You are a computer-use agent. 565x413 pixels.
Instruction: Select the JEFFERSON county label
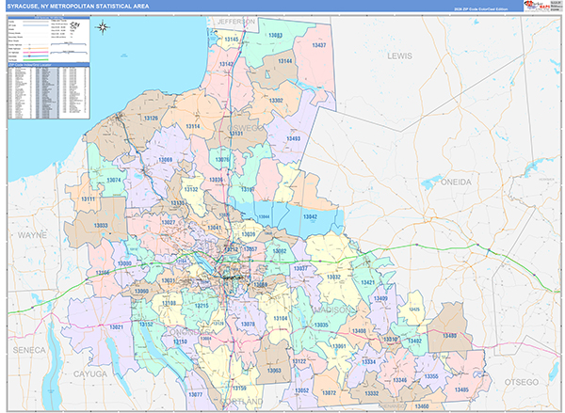235,21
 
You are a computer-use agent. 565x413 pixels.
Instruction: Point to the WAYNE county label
32,233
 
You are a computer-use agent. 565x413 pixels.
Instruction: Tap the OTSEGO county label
520,382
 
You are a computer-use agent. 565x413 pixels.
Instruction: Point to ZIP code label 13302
276,99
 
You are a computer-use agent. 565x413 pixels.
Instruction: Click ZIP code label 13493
292,138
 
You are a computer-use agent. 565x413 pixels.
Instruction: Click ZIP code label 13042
309,215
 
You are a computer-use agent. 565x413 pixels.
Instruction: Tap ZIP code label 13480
449,336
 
